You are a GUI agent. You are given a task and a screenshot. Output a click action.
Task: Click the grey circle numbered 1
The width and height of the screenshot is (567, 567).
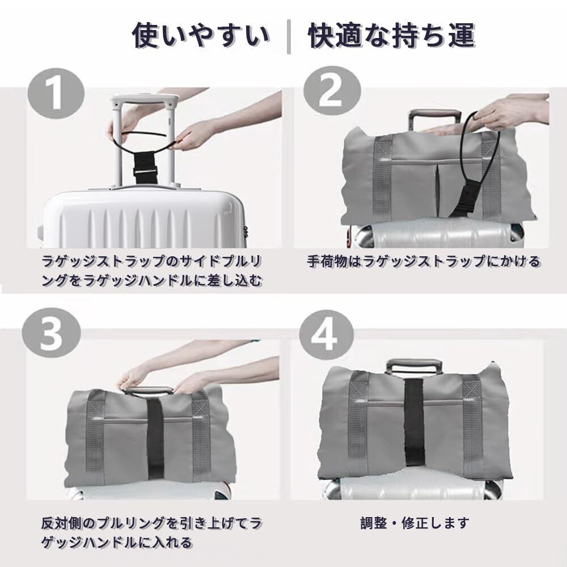tap(56, 94)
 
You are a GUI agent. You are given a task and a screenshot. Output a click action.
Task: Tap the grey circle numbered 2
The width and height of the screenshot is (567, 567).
tap(332, 90)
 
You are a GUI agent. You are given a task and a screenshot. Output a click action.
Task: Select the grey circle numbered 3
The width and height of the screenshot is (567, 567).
tap(51, 333)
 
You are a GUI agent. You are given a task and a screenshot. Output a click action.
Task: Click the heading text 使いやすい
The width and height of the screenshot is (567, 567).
tap(201, 35)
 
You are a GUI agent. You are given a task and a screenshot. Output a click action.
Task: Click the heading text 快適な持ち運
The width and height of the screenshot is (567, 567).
tap(392, 35)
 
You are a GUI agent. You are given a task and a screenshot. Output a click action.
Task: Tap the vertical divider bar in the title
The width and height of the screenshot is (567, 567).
tap(289, 37)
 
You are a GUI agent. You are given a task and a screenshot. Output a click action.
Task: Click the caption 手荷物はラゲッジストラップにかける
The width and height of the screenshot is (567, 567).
tap(424, 261)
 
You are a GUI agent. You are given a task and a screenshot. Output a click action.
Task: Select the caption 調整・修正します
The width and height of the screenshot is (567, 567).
tap(415, 523)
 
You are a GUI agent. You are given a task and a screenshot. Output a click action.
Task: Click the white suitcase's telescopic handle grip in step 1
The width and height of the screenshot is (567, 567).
tap(145, 99)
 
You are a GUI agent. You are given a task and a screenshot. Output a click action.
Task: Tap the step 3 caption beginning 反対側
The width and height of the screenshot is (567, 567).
tap(151, 532)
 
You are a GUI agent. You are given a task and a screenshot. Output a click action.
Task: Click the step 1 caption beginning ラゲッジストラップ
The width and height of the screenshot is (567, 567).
tap(152, 271)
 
